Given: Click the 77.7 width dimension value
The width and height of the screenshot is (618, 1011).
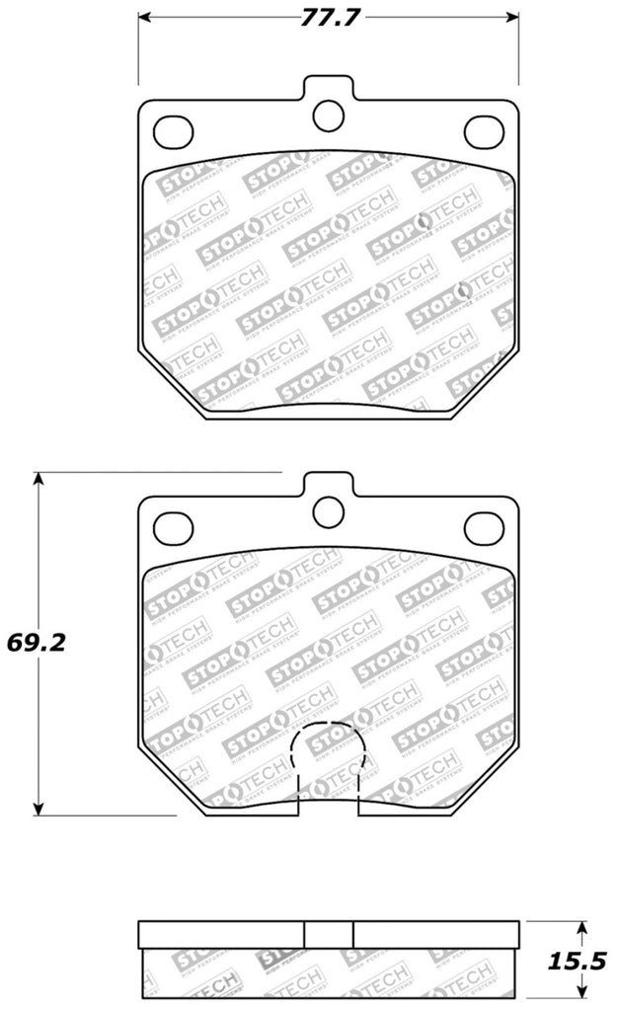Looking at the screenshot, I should (x=326, y=18).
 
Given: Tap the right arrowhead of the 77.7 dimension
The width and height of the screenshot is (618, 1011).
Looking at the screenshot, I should (x=513, y=18).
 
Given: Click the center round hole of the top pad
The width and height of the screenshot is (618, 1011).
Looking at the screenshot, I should (x=327, y=116).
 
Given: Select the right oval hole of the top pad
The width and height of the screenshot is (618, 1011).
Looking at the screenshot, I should (x=482, y=128).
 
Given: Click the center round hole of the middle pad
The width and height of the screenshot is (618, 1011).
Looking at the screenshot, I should (x=327, y=509).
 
